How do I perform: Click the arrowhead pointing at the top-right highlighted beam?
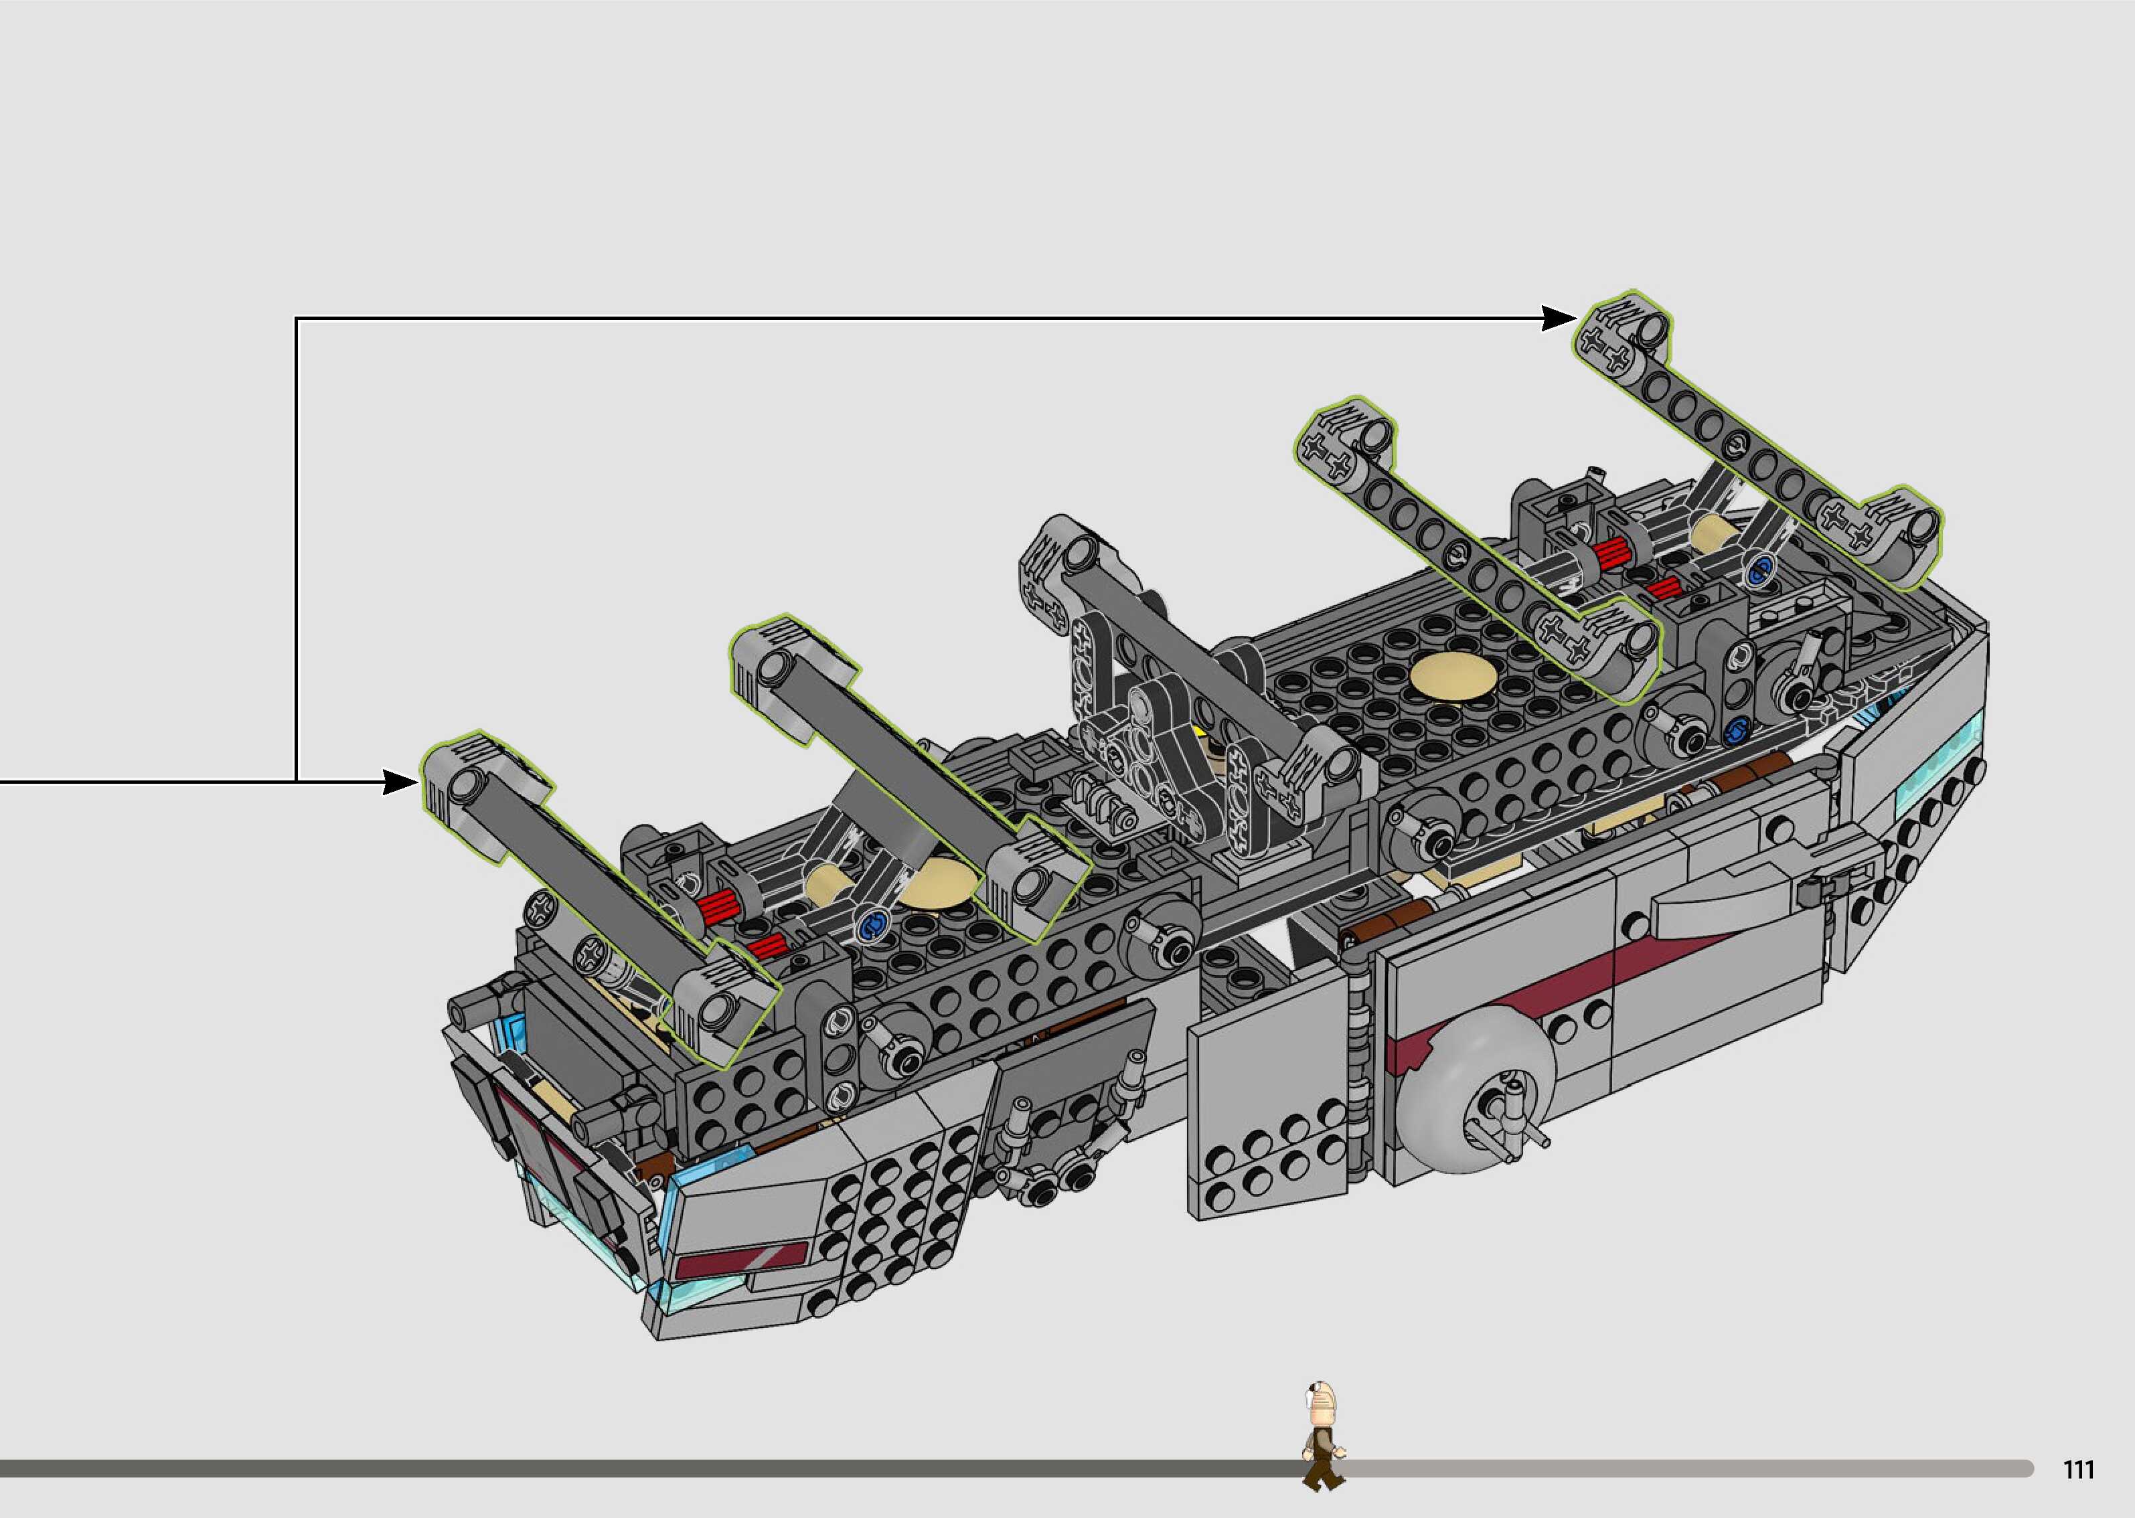point(1559,319)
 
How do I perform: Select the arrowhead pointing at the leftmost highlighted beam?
point(400,782)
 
